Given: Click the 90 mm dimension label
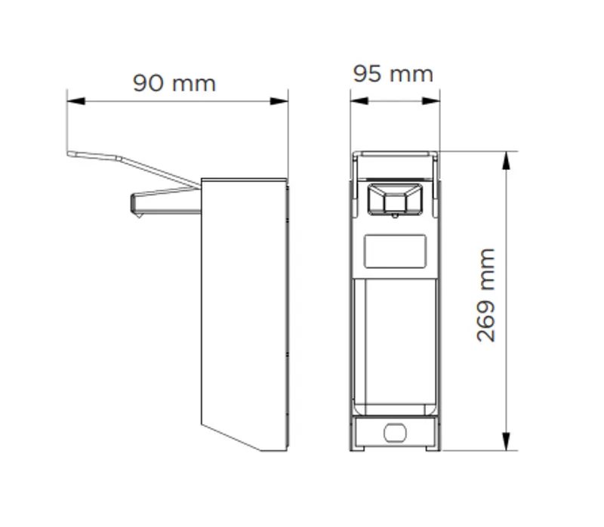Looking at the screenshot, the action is pos(174,83).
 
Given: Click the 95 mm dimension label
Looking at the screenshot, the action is pos(393,73).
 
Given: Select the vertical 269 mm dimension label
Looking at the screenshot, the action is pos(485,295).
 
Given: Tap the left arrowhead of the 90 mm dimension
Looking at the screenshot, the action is pos(76,101).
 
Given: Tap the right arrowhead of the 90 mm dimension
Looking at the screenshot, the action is pos(279,101).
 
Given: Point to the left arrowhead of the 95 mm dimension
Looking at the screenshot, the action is pos(359,101).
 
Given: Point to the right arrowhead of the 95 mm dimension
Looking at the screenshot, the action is pos(431,101).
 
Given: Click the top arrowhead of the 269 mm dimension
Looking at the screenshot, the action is pos(507,160).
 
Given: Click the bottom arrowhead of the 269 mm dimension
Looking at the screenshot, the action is pos(507,442).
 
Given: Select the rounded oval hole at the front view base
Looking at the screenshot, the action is pos(395,433).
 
